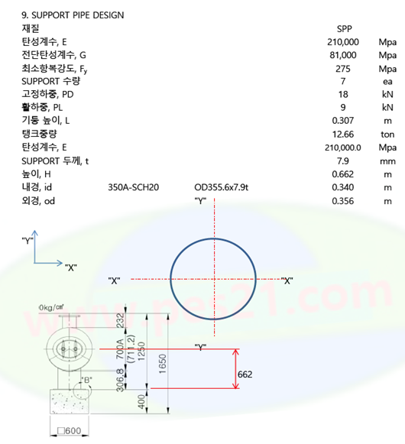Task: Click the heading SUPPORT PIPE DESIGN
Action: coord(77,15)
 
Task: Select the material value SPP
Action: coord(344,29)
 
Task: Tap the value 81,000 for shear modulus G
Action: coord(342,55)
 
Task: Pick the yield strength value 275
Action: coord(343,69)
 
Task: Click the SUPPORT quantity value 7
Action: coord(343,81)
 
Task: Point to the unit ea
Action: coord(387,82)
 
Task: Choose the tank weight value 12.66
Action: coord(342,134)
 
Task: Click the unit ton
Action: coord(387,134)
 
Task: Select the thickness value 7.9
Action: coord(342,160)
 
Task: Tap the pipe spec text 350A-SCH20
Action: coord(133,187)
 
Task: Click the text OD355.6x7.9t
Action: coord(221,187)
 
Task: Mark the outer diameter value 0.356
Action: coord(342,201)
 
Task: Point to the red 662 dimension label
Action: coord(245,374)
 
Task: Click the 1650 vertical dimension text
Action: coord(162,364)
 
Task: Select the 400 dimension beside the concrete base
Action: coord(141,402)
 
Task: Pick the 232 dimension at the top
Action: coord(121,320)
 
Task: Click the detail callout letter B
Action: coord(86,380)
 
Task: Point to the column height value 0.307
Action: coord(342,121)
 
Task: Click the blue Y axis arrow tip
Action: coord(34,231)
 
